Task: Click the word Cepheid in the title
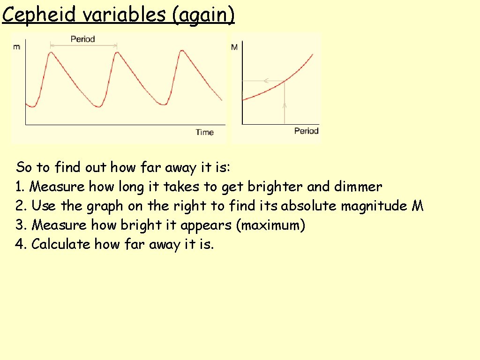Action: pyautogui.click(x=39, y=15)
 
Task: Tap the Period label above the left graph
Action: pyautogui.click(x=82, y=39)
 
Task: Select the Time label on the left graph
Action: pyautogui.click(x=205, y=133)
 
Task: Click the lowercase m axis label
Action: pyautogui.click(x=17, y=47)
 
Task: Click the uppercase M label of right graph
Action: pyautogui.click(x=234, y=47)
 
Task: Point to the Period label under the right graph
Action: pyautogui.click(x=306, y=131)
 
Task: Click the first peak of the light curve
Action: pyautogui.click(x=50, y=53)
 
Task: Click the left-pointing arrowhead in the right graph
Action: pyautogui.click(x=265, y=81)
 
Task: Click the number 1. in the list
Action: pyautogui.click(x=20, y=187)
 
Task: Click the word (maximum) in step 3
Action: pyautogui.click(x=270, y=225)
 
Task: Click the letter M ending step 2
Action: pyautogui.click(x=417, y=206)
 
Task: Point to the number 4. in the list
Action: pyautogui.click(x=20, y=244)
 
